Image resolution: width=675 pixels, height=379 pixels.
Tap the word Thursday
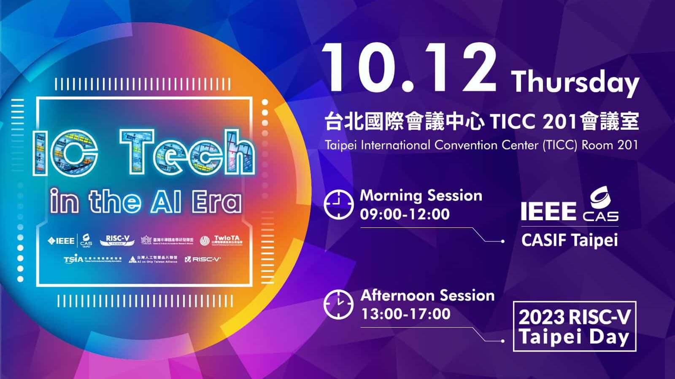[x=575, y=82]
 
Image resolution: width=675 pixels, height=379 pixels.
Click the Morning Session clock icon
[x=338, y=204]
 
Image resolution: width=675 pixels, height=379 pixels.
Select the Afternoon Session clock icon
[x=338, y=304]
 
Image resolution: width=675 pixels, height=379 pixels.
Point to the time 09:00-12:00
[x=405, y=214]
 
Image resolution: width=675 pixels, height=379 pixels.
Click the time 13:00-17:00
[x=405, y=314]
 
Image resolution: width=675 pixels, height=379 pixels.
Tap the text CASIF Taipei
[x=569, y=240]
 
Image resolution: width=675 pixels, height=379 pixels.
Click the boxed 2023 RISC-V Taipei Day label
[x=574, y=327]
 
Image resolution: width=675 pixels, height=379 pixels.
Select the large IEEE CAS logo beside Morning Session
[x=569, y=206]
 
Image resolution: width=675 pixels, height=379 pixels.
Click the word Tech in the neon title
[x=187, y=152]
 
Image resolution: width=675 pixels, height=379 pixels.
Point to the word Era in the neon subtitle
[x=217, y=202]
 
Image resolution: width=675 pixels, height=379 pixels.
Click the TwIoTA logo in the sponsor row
[x=221, y=240]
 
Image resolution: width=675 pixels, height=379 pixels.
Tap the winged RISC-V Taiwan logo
[x=117, y=240]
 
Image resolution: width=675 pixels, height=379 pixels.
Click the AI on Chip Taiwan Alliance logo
[x=153, y=259]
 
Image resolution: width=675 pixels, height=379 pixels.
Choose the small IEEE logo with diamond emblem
[x=61, y=240]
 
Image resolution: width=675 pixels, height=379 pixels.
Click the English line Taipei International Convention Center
[x=481, y=145]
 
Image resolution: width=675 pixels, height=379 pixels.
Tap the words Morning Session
[x=421, y=195]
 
